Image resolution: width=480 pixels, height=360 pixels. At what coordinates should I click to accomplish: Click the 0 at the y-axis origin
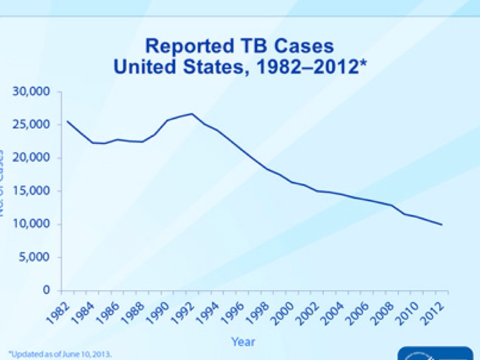pyautogui.click(x=47, y=290)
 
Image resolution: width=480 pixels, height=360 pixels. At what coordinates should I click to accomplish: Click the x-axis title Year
pyautogui.click(x=243, y=342)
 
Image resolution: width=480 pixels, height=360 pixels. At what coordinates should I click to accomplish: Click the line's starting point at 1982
pyautogui.click(x=67, y=121)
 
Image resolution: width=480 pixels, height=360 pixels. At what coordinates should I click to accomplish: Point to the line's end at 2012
pyautogui.click(x=442, y=225)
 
